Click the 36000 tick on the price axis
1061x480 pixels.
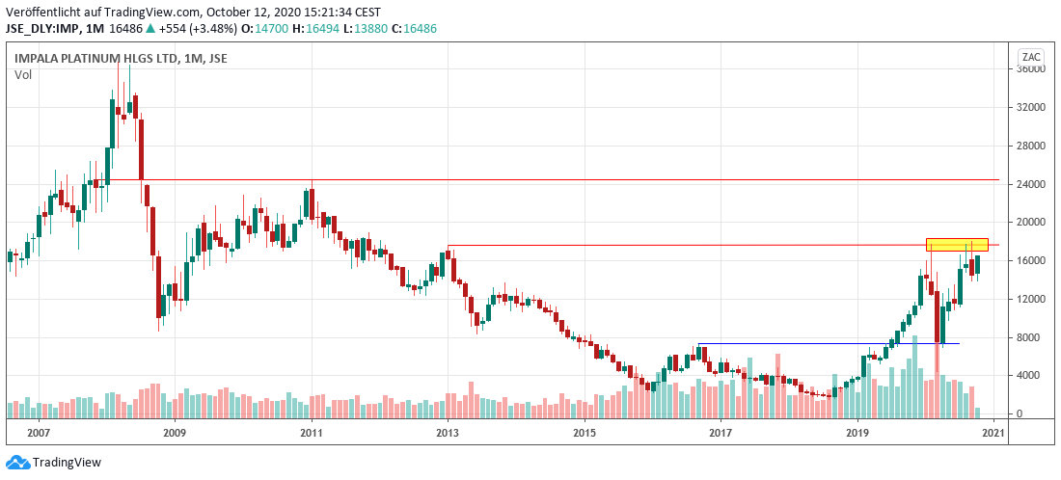click(1032, 69)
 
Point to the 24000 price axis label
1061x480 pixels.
click(1032, 184)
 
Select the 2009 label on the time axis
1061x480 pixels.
click(175, 434)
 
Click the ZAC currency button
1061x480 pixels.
click(1032, 55)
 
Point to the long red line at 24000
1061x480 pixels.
click(579, 180)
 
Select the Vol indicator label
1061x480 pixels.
click(23, 74)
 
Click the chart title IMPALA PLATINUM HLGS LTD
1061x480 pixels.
click(96, 59)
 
